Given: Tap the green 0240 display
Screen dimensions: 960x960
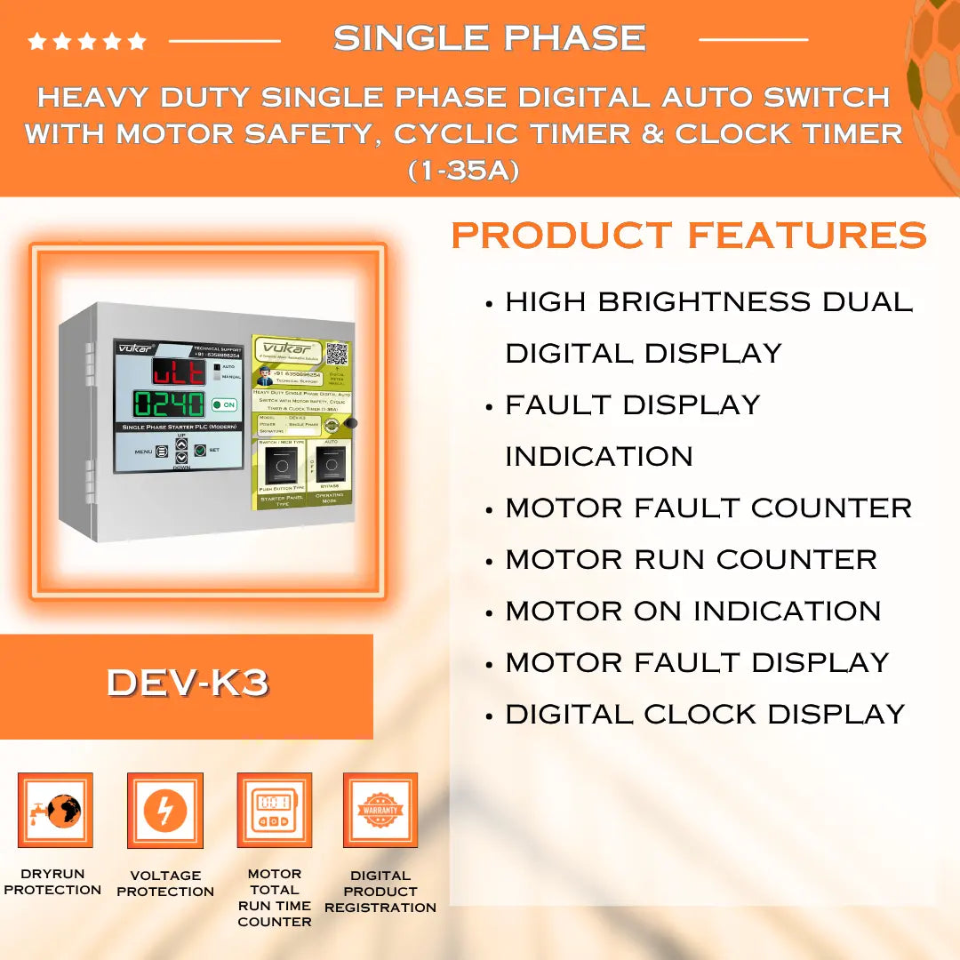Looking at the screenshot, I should pos(170,404).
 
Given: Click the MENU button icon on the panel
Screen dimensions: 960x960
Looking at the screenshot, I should pos(162,451).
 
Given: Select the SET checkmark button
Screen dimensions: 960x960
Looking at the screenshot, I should pos(200,451).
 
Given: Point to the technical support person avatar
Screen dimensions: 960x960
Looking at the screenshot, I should pos(263,378).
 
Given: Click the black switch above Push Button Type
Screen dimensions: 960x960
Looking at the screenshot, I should pos(282,464).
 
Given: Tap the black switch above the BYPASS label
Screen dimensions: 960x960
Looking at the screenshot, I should pos(332,464).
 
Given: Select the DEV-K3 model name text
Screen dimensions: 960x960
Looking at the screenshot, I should pos(188,683).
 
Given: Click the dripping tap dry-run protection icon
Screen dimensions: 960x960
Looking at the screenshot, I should pos(55,810).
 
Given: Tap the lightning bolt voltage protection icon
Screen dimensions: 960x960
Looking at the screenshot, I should pos(165,811).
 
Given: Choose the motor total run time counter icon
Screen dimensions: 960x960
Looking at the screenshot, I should pos(274,810).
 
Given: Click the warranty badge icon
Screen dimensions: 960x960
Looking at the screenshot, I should pos(380,810).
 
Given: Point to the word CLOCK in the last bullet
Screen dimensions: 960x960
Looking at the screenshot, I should pos(701,714).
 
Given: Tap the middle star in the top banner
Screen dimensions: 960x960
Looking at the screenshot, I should pos(87,41).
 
